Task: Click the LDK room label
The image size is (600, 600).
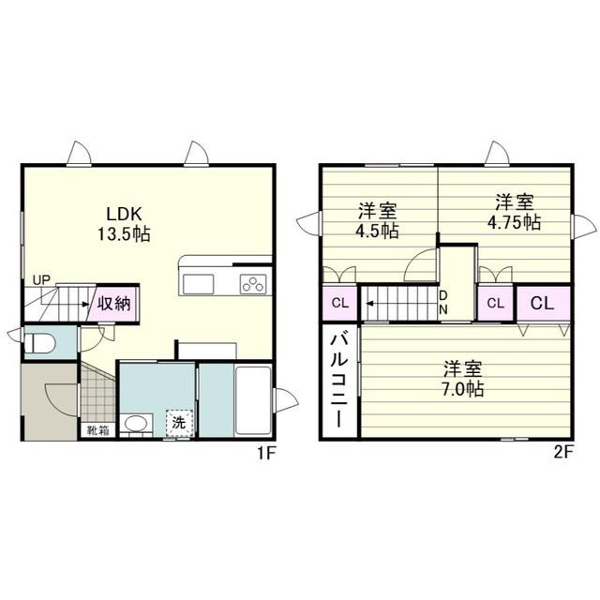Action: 124,215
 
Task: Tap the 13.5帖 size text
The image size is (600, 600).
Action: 124,233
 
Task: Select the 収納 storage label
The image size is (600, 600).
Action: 113,304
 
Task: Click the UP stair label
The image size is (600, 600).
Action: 41,280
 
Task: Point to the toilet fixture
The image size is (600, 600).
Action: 39,343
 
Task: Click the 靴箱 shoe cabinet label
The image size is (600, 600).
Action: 98,430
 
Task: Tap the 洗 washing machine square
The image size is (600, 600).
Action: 179,423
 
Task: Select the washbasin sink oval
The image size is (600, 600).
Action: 136,424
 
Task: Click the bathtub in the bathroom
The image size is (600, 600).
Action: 253,400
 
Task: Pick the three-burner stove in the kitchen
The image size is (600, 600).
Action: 253,284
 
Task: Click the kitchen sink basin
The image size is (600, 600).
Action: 198,284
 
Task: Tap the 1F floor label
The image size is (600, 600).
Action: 266,454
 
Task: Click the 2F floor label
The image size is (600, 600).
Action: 563,454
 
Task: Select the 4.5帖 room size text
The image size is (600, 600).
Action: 377,231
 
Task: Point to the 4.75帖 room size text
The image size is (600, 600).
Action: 514,222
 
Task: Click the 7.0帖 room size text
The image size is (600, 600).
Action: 462,389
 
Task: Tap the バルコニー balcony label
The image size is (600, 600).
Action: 339,381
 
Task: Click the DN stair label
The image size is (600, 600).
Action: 443,302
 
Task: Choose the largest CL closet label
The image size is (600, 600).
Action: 542,304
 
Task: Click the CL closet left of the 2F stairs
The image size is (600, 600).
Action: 340,304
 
